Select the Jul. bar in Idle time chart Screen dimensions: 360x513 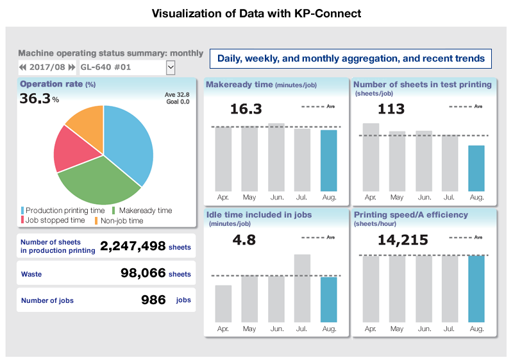(302, 288)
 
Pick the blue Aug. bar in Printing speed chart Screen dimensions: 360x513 (476, 288)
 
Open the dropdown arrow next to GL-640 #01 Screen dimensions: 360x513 (171, 67)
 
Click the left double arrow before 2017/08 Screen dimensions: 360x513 (23, 67)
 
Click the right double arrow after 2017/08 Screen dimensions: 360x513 (72, 67)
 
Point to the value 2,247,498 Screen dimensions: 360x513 (133, 246)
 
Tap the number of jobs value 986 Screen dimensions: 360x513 (153, 300)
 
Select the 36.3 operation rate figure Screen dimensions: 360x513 (35, 99)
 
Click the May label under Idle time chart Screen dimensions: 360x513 (249, 329)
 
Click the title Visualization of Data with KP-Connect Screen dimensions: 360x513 (256, 13)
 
